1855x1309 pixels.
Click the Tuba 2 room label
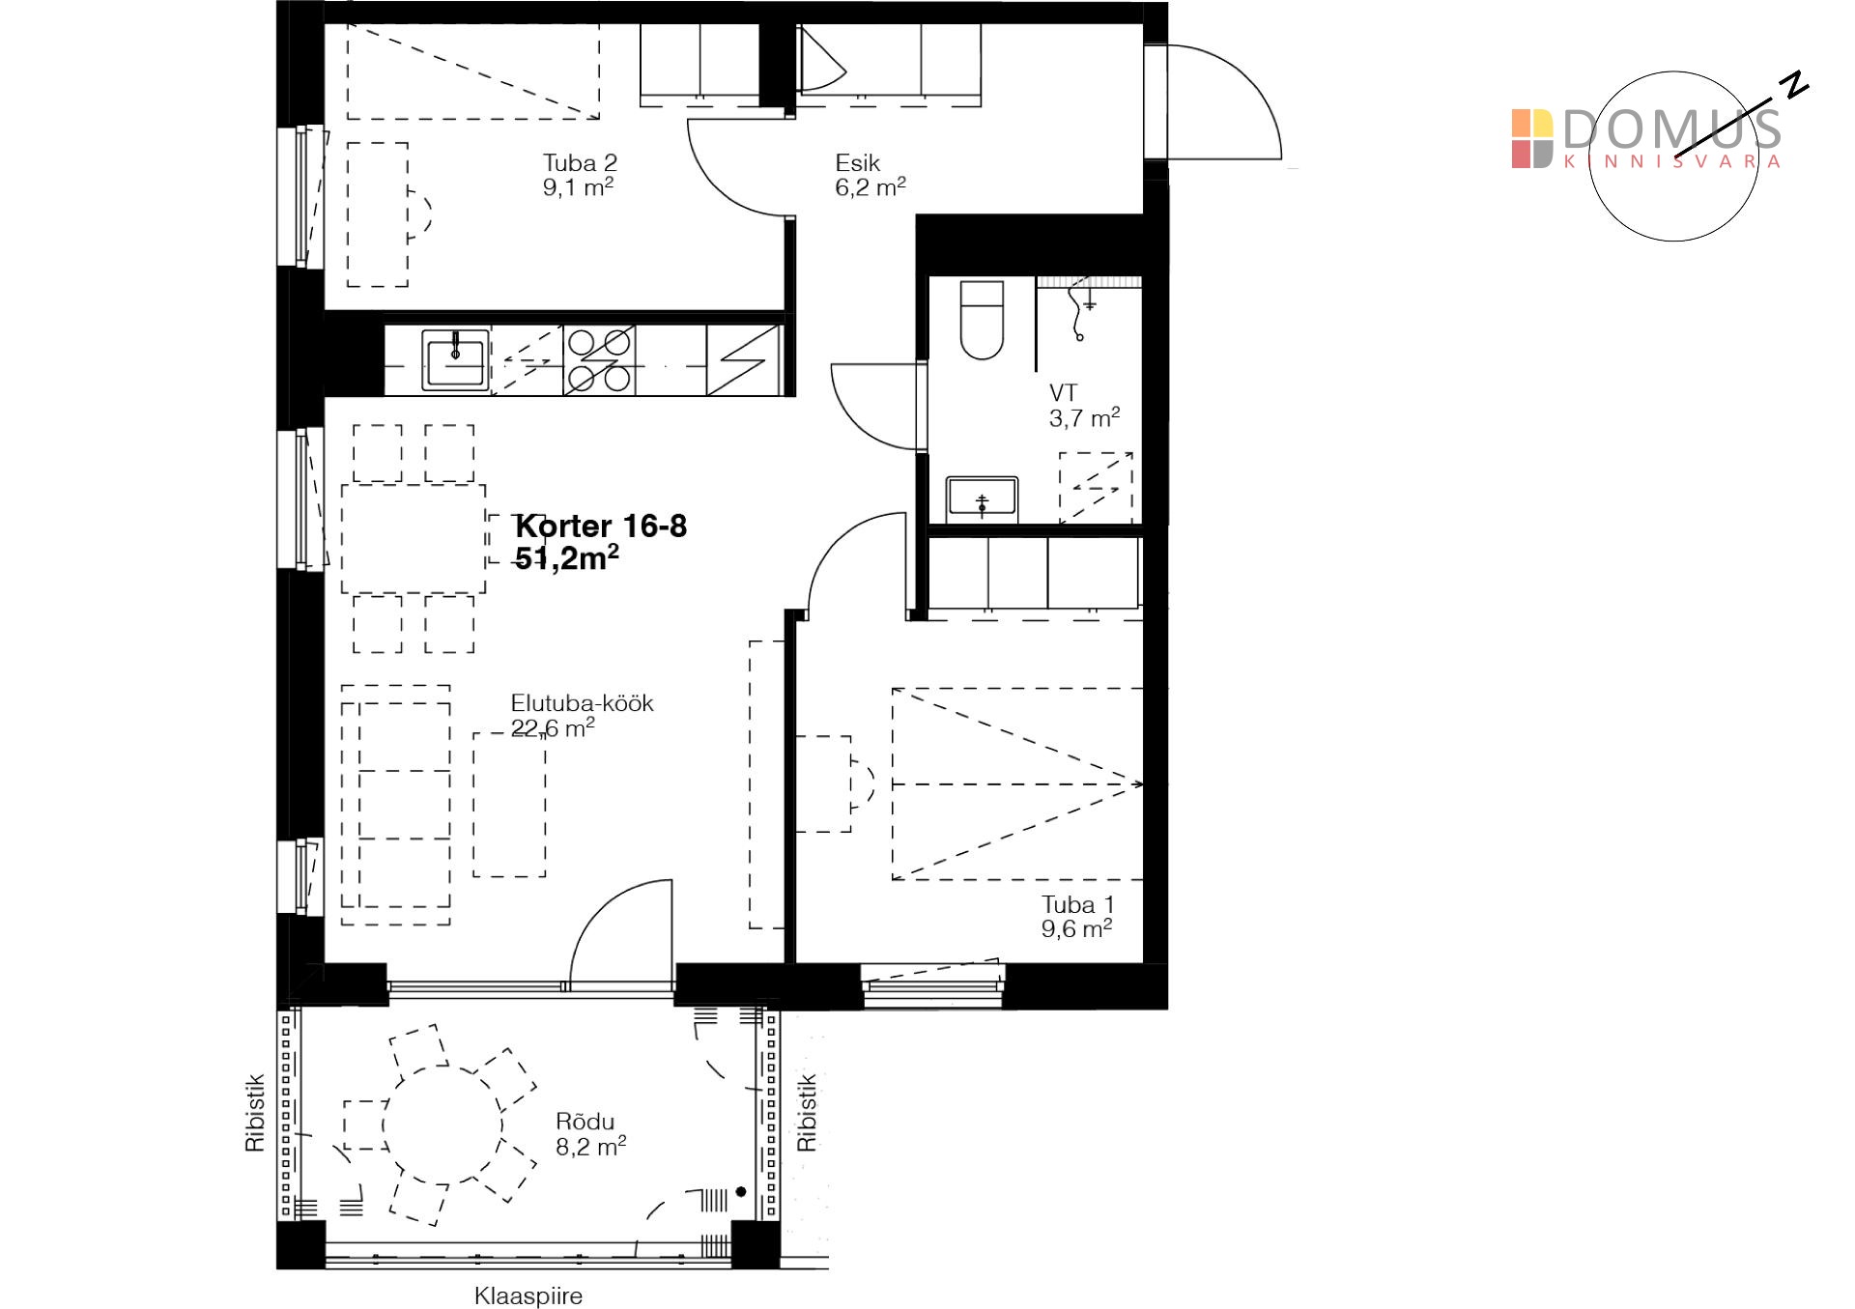click(x=579, y=175)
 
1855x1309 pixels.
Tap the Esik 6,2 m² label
click(x=870, y=175)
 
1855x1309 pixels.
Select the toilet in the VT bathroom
click(x=982, y=320)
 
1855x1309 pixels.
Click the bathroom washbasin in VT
click(x=982, y=499)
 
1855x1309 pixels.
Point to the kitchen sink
click(x=455, y=360)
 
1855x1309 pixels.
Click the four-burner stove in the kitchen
click(x=600, y=360)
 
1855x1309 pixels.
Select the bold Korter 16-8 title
click(x=601, y=526)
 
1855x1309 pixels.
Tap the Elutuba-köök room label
click(x=582, y=703)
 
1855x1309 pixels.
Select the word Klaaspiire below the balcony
click(x=528, y=1295)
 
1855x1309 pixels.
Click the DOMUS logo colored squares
click(x=1532, y=139)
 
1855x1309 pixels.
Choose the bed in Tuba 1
click(x=1017, y=783)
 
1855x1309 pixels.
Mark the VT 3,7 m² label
click(x=1084, y=406)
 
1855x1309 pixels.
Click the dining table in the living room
click(x=413, y=539)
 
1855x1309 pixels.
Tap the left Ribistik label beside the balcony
click(x=254, y=1113)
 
